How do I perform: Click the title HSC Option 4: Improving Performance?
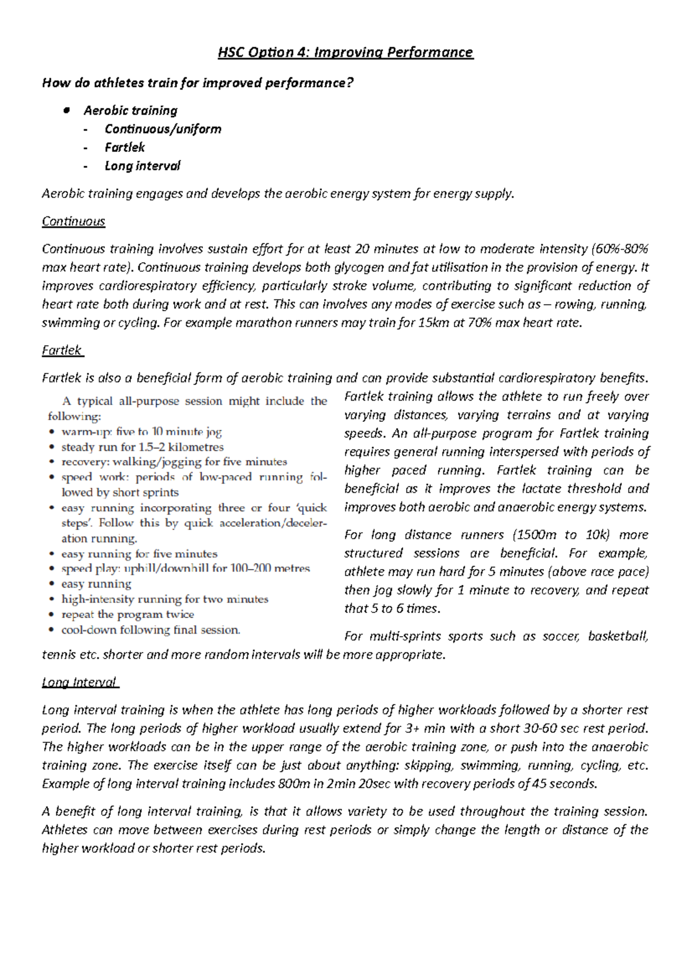[345, 53]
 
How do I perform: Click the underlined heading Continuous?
[73, 222]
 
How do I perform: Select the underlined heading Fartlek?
[62, 351]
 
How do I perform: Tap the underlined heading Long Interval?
[80, 683]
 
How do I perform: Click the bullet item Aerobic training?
[130, 111]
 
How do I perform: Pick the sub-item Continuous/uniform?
[163, 129]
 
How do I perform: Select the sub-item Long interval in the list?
[142, 166]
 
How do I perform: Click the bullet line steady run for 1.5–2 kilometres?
[142, 447]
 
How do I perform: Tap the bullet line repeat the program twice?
[127, 615]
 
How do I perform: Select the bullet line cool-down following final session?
[151, 630]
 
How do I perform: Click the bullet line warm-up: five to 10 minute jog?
[141, 432]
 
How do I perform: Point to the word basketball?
[618, 637]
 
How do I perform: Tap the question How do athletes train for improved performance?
[197, 83]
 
